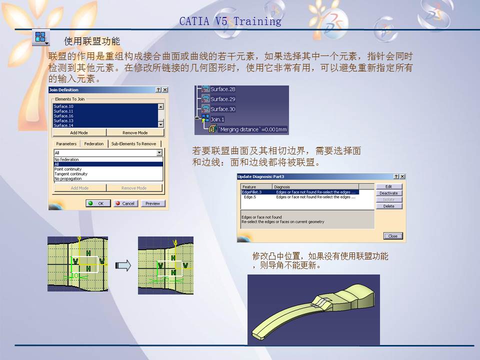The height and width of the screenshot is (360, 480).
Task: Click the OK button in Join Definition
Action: pos(97,203)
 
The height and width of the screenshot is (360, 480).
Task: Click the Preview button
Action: pos(152,203)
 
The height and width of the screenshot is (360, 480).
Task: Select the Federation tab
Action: pos(93,143)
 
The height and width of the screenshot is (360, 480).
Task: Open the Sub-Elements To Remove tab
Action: pos(133,143)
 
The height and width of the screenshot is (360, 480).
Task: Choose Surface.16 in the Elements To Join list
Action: pos(63,116)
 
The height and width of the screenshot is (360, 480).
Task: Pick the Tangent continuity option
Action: pos(71,174)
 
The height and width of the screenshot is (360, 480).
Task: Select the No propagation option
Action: pos(68,178)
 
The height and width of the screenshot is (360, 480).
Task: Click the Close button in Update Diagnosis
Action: pos(393,236)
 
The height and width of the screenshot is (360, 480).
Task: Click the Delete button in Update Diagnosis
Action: pos(388,206)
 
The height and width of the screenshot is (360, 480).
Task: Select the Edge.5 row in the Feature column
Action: pos(250,197)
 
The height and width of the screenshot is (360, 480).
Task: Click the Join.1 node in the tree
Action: pos(217,119)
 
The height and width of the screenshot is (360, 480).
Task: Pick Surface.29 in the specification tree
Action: pos(222,99)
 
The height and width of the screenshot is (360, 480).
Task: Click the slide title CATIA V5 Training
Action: pos(230,21)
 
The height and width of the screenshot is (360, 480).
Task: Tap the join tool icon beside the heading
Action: pos(40,38)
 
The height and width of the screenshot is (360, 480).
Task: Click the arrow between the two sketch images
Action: pos(123,265)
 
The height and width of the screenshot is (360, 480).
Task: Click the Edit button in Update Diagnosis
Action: pos(388,186)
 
